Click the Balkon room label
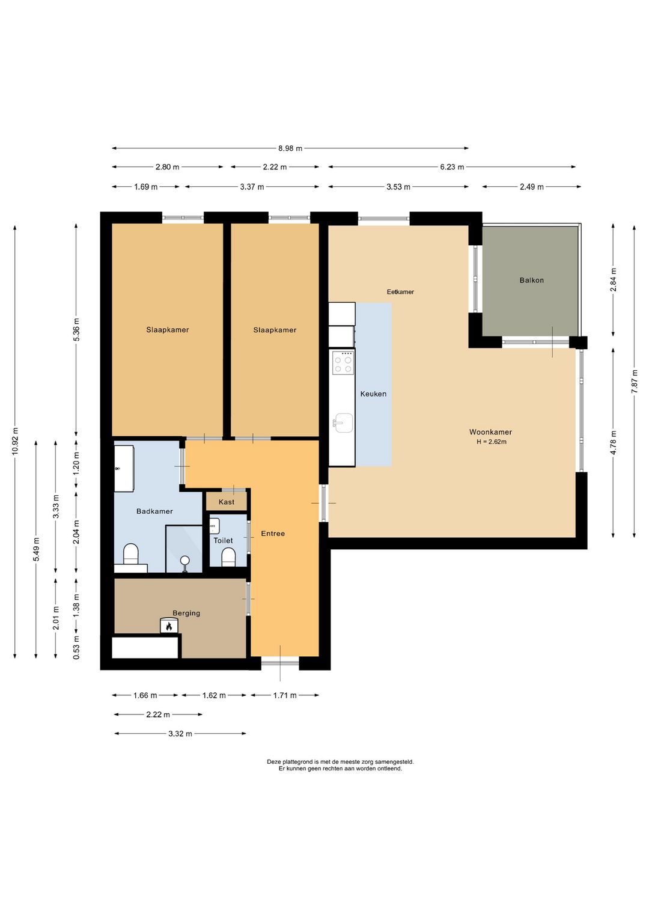(531, 281)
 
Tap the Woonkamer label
(490, 432)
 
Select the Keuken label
(373, 394)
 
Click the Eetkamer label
(400, 292)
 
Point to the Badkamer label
(154, 511)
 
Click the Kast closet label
(227, 502)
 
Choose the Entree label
(273, 534)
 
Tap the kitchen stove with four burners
(343, 363)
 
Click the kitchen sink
(343, 422)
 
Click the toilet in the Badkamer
(131, 553)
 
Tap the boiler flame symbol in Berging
(169, 626)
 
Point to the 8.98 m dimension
(290, 148)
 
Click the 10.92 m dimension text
(15, 441)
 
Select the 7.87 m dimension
(634, 381)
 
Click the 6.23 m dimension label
(452, 167)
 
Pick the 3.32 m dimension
(180, 734)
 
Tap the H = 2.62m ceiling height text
(492, 442)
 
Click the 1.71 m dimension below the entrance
(285, 695)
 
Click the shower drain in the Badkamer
(184, 559)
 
